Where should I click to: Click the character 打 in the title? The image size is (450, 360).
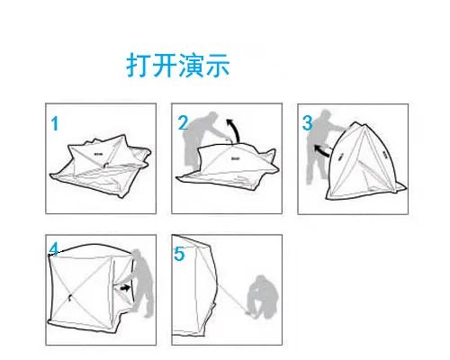tap(138, 65)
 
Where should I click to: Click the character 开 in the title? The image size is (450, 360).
tap(165, 65)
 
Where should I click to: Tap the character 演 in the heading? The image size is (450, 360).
tap(191, 65)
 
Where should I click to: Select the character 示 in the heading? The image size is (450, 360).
tap(217, 65)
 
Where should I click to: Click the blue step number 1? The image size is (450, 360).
tap(55, 123)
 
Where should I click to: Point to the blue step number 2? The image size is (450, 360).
tap(183, 123)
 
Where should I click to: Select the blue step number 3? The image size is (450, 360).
tap(308, 123)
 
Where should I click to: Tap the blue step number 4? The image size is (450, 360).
tap(54, 249)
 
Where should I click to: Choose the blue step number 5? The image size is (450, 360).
tap(179, 254)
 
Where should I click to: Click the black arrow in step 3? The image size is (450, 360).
tap(321, 150)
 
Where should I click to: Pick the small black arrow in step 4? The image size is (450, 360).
tap(125, 288)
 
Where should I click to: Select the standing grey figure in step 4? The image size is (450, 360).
tap(143, 282)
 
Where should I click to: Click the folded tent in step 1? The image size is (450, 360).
tap(101, 166)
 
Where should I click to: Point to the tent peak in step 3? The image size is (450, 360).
tap(355, 122)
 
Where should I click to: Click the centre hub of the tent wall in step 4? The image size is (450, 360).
tap(70, 297)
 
